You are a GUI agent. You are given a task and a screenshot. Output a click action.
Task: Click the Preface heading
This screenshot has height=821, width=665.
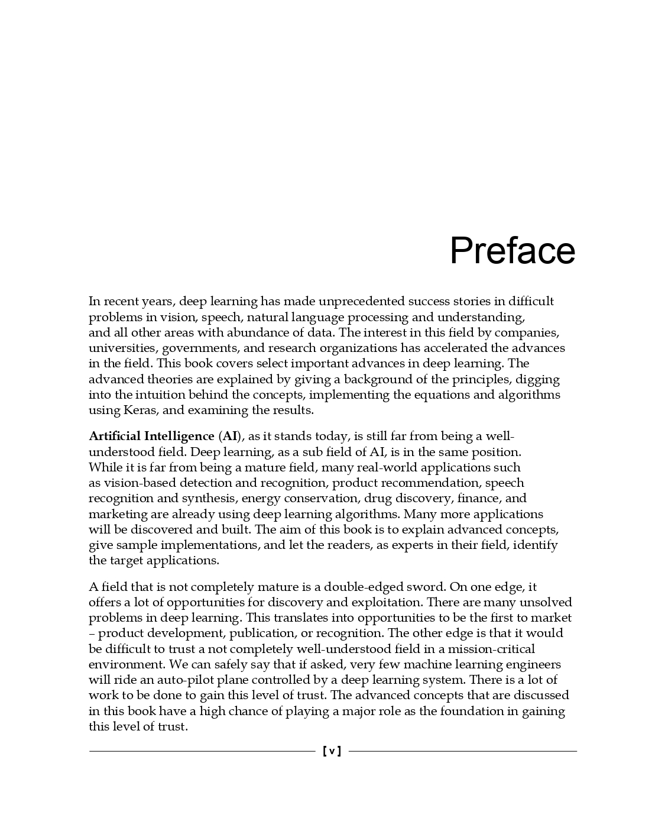click(512, 251)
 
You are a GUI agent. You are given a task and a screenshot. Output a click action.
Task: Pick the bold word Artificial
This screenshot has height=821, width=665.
click(113, 437)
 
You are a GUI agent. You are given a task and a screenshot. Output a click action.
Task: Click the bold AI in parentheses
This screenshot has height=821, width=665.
click(231, 437)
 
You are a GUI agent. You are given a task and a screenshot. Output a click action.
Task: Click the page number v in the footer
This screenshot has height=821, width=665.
click(332, 751)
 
